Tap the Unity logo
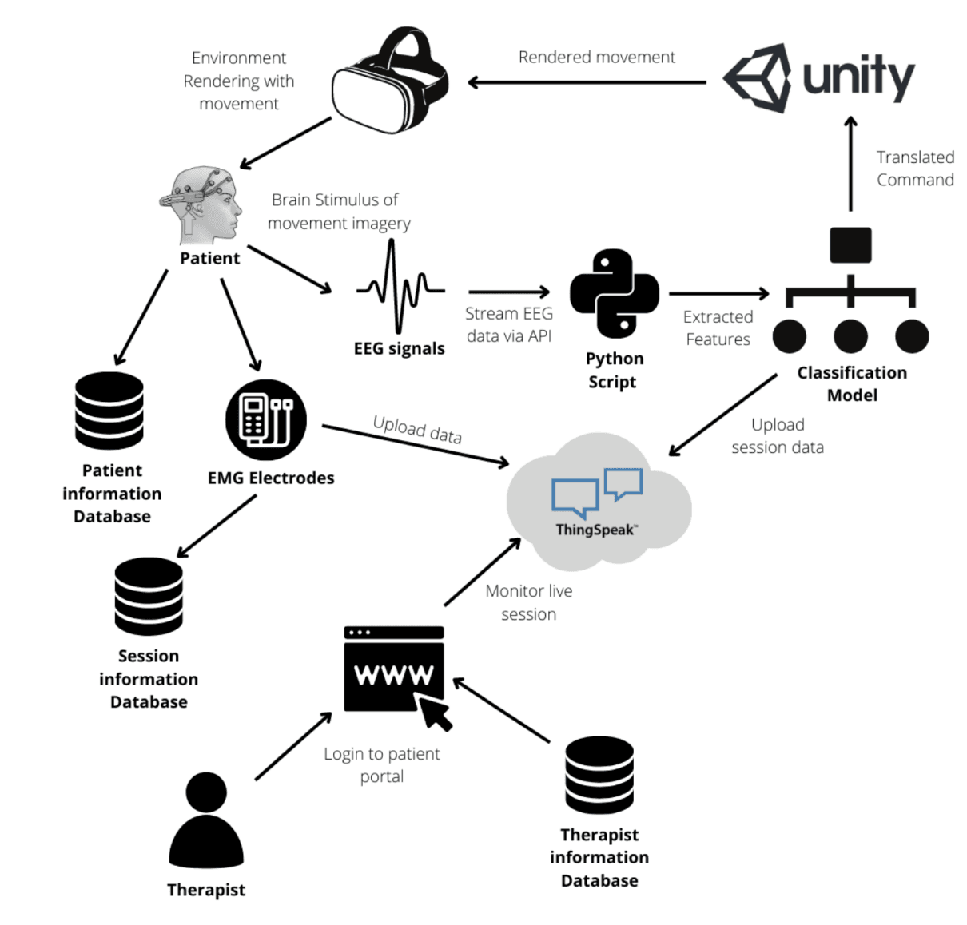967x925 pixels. pyautogui.click(x=818, y=77)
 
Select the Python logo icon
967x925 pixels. pyautogui.click(x=614, y=293)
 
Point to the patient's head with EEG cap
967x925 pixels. pyautogui.click(x=204, y=204)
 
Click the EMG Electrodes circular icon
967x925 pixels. pyautogui.click(x=265, y=419)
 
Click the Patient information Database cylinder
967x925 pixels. pyautogui.click(x=109, y=411)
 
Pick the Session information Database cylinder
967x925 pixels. pyautogui.click(x=149, y=596)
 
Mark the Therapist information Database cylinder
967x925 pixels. pyautogui.click(x=599, y=775)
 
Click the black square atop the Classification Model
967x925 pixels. pyautogui.click(x=850, y=245)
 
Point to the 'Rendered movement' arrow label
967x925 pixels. pyautogui.click(x=596, y=58)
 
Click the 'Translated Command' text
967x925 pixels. pyautogui.click(x=915, y=169)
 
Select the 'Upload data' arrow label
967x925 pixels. pyautogui.click(x=417, y=429)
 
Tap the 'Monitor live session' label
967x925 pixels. pyautogui.click(x=529, y=602)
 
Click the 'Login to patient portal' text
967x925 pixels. pyautogui.click(x=381, y=764)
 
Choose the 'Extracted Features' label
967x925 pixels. pyautogui.click(x=718, y=328)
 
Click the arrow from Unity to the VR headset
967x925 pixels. pyautogui.click(x=587, y=82)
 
